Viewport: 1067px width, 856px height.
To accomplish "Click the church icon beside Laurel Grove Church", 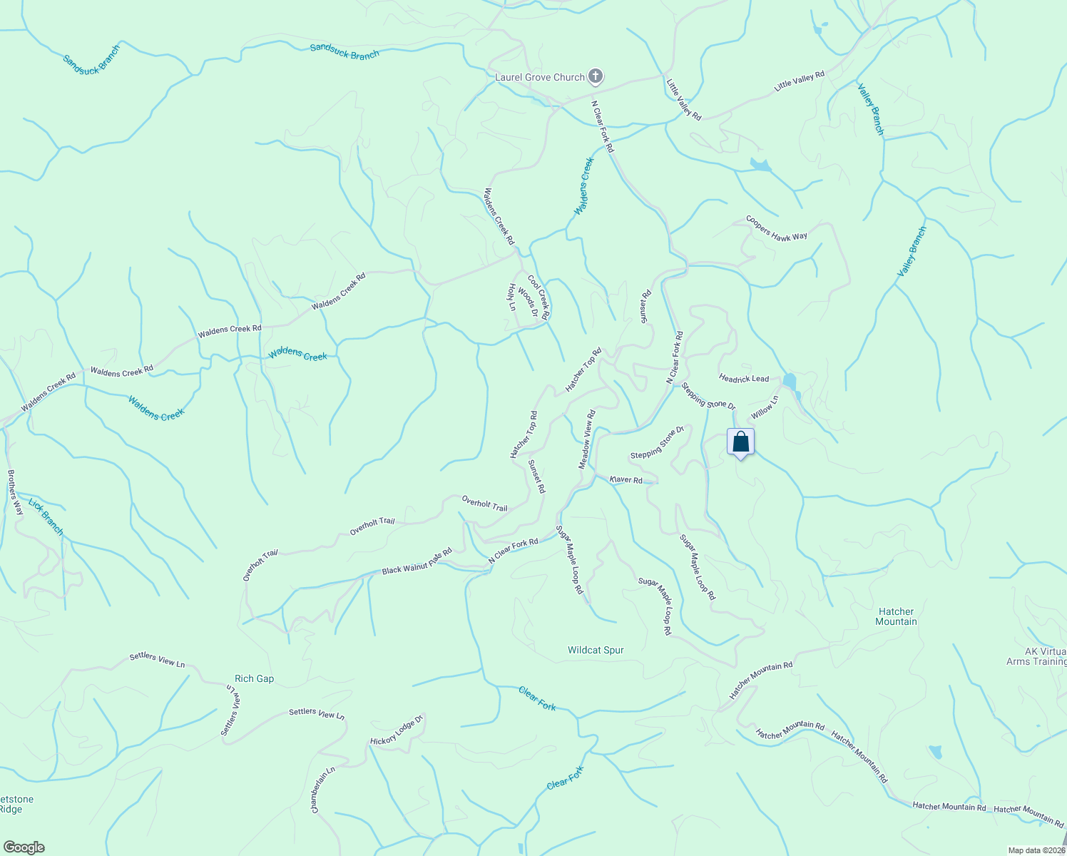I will point(596,77).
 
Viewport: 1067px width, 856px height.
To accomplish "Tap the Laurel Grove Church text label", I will point(540,77).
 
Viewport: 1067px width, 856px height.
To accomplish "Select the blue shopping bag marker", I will point(740,442).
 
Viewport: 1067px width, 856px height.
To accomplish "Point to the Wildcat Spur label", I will point(596,650).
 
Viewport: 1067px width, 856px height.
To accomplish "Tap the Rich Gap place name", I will point(255,678).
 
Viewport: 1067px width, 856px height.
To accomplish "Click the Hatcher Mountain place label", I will point(896,616).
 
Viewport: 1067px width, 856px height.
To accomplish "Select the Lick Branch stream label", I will point(46,517).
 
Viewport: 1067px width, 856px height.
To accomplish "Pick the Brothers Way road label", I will point(15,491).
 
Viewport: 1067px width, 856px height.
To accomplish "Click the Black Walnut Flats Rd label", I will point(417,561).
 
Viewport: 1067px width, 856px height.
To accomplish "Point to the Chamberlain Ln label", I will point(322,790).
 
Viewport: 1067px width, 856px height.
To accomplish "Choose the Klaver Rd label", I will point(626,479).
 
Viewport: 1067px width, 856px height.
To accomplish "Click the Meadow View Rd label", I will point(587,439).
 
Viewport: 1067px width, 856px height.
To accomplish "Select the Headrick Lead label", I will point(744,378).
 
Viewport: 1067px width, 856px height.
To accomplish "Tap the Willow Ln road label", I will point(763,409).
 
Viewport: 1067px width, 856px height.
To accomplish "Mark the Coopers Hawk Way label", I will point(776,227).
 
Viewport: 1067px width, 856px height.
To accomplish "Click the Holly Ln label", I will point(511,297).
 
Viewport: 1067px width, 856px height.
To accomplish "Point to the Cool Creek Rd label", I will point(538,297).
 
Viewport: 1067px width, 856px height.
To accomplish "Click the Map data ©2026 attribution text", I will point(1036,850).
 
